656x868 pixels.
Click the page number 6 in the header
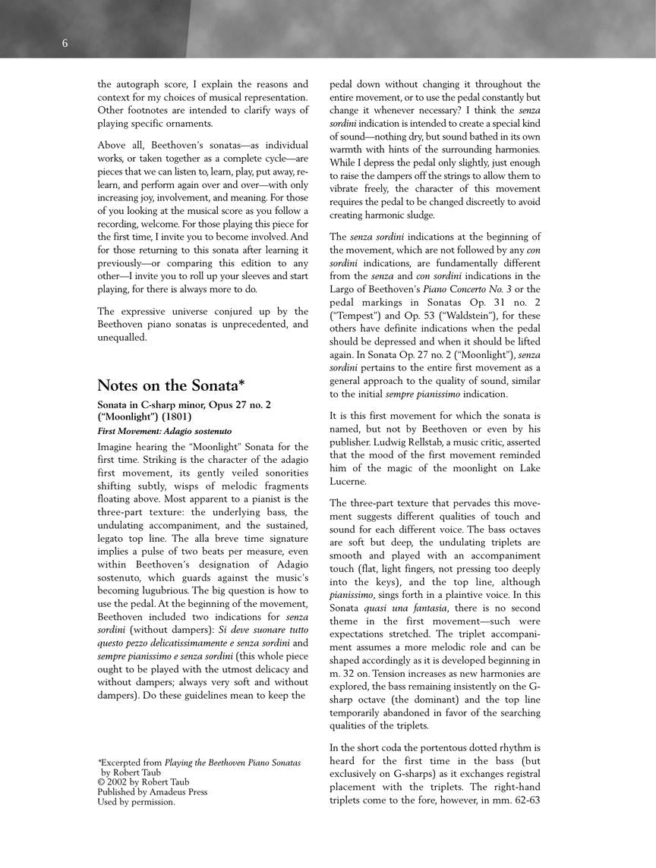coord(65,44)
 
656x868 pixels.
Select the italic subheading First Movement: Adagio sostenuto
coord(165,431)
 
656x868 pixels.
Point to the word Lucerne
coord(348,481)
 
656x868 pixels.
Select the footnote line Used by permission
coord(136,801)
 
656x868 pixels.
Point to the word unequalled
coord(125,338)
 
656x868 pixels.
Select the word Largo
coord(346,289)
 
